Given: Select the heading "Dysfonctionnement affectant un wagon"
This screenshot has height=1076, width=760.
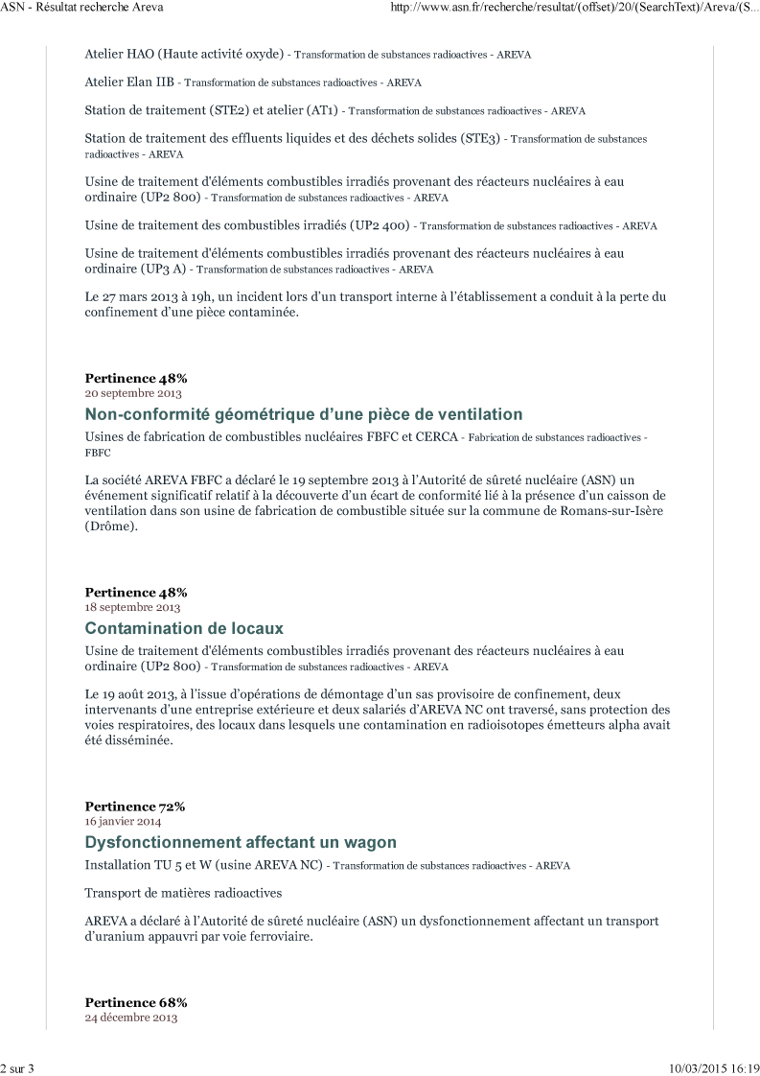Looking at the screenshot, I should [x=241, y=843].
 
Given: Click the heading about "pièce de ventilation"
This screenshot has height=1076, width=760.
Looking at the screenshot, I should [x=304, y=414].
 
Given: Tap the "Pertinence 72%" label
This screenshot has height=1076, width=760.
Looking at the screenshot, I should [x=135, y=807].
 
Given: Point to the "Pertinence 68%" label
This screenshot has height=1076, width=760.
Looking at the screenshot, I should [x=135, y=1002].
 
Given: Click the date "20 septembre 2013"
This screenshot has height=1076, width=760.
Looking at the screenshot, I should [x=133, y=393].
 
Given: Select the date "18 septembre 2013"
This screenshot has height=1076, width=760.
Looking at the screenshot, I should [x=132, y=607].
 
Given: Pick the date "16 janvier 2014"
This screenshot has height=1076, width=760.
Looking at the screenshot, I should [x=124, y=822].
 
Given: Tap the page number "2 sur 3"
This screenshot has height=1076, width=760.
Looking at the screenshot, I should [x=18, y=1067].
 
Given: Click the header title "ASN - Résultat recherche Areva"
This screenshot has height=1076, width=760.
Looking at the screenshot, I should [x=82, y=8].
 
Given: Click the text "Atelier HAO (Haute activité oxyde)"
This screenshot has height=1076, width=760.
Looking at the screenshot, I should [x=186, y=54].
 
